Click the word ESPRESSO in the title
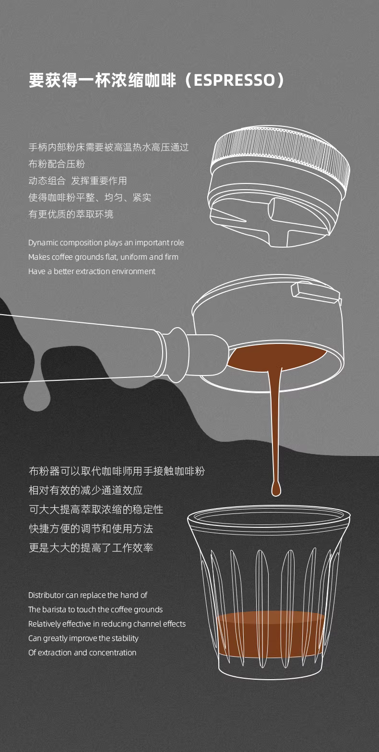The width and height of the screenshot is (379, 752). [235, 80]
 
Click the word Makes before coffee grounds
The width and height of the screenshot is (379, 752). [38, 257]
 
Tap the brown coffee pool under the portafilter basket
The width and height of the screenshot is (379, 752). [276, 357]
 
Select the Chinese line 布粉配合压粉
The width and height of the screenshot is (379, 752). [57, 164]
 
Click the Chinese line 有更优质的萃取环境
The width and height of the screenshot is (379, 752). [71, 214]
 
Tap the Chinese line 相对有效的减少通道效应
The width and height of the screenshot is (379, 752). [86, 490]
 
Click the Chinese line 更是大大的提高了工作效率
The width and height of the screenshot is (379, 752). [91, 548]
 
